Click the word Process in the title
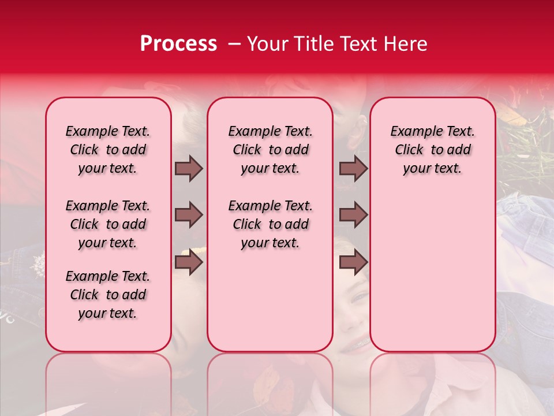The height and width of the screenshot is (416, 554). [x=178, y=44]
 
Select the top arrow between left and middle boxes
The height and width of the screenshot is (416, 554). [x=189, y=168]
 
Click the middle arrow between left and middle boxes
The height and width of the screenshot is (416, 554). [x=189, y=215]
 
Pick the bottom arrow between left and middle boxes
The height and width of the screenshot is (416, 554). [x=189, y=262]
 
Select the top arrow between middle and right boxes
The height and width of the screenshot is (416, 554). [x=353, y=168]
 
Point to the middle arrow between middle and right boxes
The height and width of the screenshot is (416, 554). [x=353, y=215]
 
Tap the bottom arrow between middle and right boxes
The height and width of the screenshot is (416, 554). [x=353, y=262]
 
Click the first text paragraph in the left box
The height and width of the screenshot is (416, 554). [x=108, y=150]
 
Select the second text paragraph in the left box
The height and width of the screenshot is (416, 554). [x=108, y=224]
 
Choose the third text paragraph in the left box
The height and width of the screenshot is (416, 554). [x=108, y=295]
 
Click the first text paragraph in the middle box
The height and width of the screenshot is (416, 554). [x=270, y=150]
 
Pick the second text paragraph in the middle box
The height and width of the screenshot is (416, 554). [x=270, y=224]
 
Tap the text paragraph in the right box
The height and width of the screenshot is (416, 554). [x=432, y=150]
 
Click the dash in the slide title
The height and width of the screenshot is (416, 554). [x=234, y=44]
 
